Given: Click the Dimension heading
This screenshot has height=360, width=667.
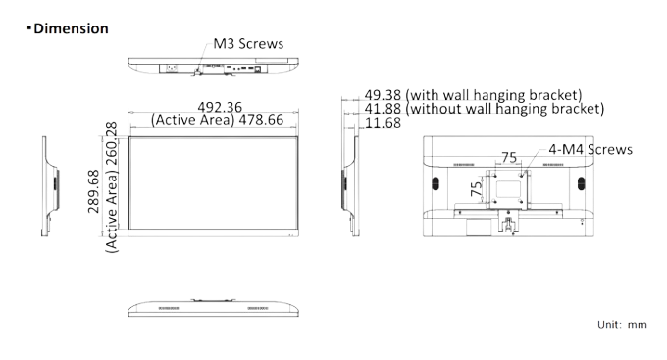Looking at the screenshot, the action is coord(71,28).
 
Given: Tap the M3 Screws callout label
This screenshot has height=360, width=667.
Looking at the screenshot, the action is coord(248,44).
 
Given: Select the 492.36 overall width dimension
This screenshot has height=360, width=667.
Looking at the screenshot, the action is coord(220,107).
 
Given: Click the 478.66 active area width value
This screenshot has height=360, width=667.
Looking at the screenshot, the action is coord(261,120).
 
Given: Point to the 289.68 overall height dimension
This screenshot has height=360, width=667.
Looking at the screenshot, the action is coord(93,191).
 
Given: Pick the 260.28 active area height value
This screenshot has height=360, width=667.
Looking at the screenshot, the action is coord(111,144).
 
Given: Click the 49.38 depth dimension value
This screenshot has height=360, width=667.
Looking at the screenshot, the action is coord(383,95).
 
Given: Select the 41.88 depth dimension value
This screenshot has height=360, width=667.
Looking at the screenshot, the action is coord(383,109).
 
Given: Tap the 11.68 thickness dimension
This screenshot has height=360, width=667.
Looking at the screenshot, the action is coord(383,123).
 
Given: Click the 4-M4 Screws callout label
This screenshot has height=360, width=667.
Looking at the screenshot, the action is coord(590,149).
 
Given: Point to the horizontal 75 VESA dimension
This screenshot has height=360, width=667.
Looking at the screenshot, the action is coord(509,158).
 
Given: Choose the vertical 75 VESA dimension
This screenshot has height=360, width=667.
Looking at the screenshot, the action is coord(477,188).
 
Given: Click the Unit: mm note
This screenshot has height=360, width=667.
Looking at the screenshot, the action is coord(622,325).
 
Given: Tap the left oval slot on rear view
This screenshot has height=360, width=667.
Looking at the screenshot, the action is coord(436,183).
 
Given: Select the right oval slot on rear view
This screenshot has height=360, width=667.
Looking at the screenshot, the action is coord(581,183).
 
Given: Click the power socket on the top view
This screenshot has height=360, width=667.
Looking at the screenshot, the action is coord(172,68).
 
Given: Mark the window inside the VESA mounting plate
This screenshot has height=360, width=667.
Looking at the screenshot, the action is coord(508,189).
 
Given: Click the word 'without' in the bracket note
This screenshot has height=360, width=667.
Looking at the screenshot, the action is coord(435,109).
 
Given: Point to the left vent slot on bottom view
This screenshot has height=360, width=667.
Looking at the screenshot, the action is coord(169,308).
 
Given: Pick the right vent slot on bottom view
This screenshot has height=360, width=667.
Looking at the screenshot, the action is coord(258,308).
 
